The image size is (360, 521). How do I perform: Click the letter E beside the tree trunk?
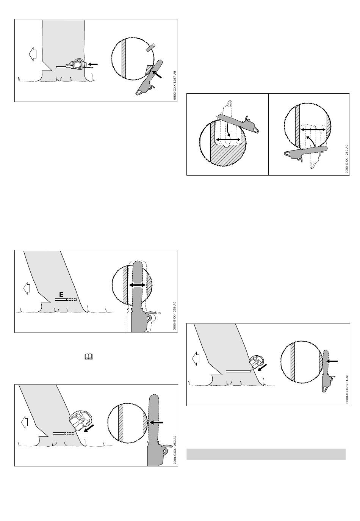[x=61, y=294]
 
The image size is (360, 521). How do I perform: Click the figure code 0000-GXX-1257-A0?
[x=174, y=85]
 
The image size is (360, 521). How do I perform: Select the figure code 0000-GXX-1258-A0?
[x=174, y=316]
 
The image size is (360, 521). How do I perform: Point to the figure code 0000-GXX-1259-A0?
[x=174, y=450]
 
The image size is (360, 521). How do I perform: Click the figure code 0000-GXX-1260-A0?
[x=346, y=159]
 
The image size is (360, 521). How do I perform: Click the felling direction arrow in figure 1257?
[x=33, y=54]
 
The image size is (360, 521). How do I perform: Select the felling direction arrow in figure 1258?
[x=27, y=289]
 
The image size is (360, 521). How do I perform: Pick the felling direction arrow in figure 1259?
[x=25, y=422]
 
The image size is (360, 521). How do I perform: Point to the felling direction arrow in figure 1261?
[x=196, y=358]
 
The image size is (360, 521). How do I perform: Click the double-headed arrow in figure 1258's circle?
[x=137, y=285]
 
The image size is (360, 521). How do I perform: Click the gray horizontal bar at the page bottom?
[x=266, y=454]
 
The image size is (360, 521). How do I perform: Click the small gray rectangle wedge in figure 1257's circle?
[x=150, y=47]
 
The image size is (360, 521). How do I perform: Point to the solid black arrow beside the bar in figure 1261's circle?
[x=332, y=361]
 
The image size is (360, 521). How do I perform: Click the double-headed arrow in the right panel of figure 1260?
[x=313, y=130]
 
